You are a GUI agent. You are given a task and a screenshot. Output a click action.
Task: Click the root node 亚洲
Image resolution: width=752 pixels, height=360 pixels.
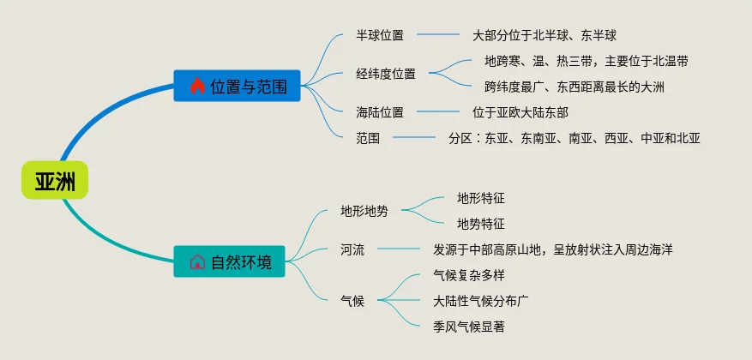55,180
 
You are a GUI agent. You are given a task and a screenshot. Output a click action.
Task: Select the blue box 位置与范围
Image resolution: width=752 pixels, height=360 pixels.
237,87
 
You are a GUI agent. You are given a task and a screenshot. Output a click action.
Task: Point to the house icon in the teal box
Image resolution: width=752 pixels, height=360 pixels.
196,261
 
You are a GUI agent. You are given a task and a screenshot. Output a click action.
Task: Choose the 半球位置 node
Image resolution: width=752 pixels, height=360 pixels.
380,36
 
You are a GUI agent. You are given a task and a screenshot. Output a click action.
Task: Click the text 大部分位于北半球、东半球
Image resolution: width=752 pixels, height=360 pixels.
544,36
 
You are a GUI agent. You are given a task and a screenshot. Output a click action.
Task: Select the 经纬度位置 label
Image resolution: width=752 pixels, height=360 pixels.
386,74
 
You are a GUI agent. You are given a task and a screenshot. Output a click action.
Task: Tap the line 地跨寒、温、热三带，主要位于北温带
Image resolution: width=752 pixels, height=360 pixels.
586,61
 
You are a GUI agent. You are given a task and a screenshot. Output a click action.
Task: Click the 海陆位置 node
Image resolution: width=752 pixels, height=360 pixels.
380,111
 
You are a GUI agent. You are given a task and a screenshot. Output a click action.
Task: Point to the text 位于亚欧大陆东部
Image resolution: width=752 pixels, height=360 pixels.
520,111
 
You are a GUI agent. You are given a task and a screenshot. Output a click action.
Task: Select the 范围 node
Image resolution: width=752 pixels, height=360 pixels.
368,136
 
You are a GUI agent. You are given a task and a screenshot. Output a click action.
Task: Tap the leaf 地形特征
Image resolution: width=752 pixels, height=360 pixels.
481,198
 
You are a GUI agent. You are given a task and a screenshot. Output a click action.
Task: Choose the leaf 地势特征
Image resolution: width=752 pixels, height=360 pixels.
481,224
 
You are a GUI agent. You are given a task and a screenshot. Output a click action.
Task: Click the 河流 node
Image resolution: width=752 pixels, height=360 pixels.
352,249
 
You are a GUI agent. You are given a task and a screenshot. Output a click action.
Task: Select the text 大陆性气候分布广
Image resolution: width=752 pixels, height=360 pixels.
481,301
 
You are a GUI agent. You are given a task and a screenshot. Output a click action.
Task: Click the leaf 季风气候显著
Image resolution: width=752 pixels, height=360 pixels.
475,326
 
